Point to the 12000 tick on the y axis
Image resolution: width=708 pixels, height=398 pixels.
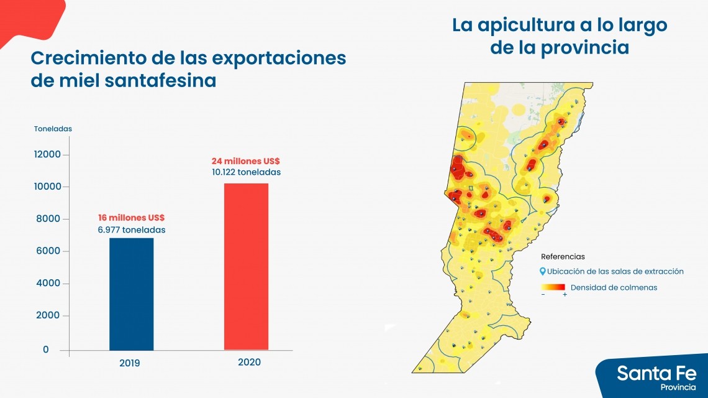pyautogui.click(x=47, y=154)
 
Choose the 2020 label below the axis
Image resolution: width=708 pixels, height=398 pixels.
pyautogui.click(x=249, y=362)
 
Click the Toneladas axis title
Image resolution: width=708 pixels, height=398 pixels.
pyautogui.click(x=53, y=129)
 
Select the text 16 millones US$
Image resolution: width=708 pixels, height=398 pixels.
pyautogui.click(x=131, y=218)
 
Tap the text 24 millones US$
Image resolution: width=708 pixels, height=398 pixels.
pyautogui.click(x=245, y=161)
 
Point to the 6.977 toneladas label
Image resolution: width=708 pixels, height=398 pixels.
pyautogui.click(x=131, y=230)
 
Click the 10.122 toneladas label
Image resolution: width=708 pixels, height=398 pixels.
pyautogui.click(x=246, y=172)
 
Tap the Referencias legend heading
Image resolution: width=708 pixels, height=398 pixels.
pyautogui.click(x=563, y=256)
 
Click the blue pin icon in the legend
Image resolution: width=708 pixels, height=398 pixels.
pyautogui.click(x=543, y=272)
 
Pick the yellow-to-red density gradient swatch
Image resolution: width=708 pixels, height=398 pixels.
pyautogui.click(x=553, y=287)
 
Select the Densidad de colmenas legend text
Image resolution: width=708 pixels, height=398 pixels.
pyautogui.click(x=614, y=287)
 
